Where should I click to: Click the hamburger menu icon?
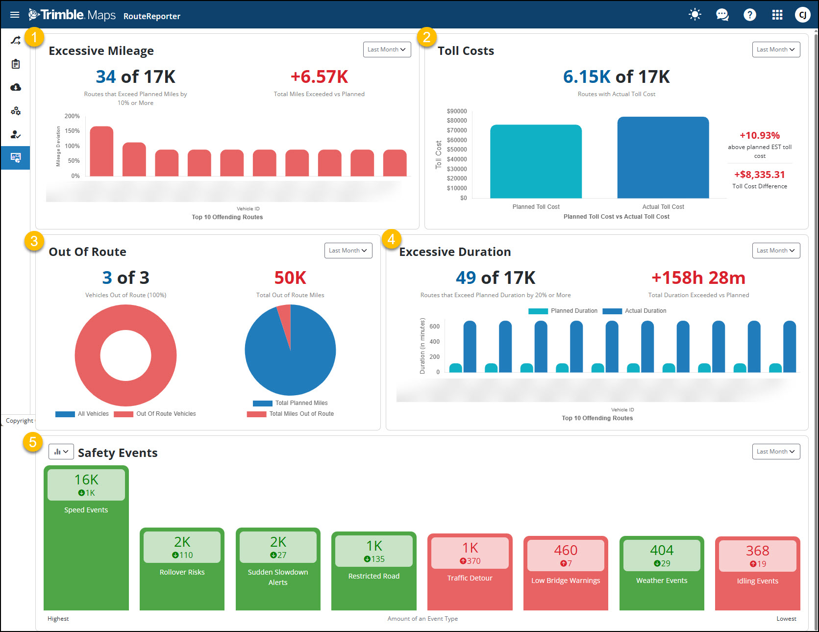pyautogui.click(x=15, y=15)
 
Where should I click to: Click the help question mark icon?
pyautogui.click(x=749, y=15)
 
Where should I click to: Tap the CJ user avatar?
pyautogui.click(x=802, y=15)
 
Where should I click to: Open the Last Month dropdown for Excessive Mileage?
pyautogui.click(x=387, y=50)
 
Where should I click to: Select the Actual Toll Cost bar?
pyautogui.click(x=663, y=157)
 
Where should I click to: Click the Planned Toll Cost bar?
pyautogui.click(x=536, y=162)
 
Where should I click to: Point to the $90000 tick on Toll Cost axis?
pyautogui.click(x=457, y=111)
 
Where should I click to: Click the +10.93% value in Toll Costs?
pyautogui.click(x=759, y=135)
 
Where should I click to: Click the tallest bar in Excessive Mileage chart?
pyautogui.click(x=101, y=152)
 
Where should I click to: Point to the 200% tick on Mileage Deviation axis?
pyautogui.click(x=72, y=116)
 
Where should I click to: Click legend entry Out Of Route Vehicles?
pyautogui.click(x=166, y=414)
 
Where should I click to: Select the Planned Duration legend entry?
pyautogui.click(x=573, y=311)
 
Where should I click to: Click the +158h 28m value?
pyautogui.click(x=698, y=278)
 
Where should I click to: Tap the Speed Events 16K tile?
pyautogui.click(x=86, y=485)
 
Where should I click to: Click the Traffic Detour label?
pyautogui.click(x=470, y=578)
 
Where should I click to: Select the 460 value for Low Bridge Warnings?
pyautogui.click(x=566, y=550)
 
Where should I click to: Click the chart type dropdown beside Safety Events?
pyautogui.click(x=61, y=452)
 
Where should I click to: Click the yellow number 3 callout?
pyautogui.click(x=34, y=241)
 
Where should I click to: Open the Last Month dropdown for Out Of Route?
pyautogui.click(x=348, y=251)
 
